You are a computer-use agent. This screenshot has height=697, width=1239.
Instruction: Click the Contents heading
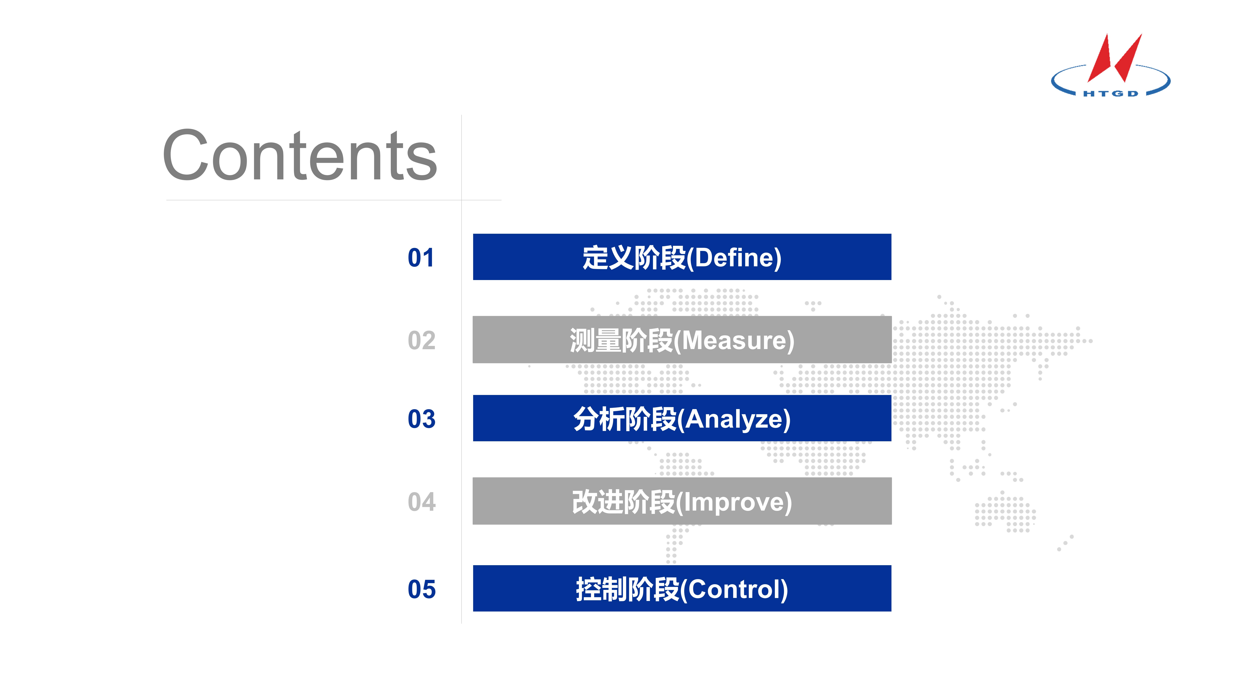[x=300, y=155]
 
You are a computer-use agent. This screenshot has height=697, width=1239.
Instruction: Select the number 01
[x=421, y=258]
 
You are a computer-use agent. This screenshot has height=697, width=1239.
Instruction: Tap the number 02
[x=421, y=341]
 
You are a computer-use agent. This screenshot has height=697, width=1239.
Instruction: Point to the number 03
[x=421, y=419]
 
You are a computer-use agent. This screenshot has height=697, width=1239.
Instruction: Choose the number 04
[x=421, y=502]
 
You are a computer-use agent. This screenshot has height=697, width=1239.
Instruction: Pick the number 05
[x=421, y=589]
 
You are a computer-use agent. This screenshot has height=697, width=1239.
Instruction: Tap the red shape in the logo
[x=1114, y=58]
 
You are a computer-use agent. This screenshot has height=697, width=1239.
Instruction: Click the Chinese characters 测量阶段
[x=621, y=341]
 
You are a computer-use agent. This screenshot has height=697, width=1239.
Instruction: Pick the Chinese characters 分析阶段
[x=625, y=419]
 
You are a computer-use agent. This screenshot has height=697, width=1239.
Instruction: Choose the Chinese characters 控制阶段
[x=628, y=589]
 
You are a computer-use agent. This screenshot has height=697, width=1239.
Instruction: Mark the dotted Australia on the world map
[x=1005, y=513]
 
